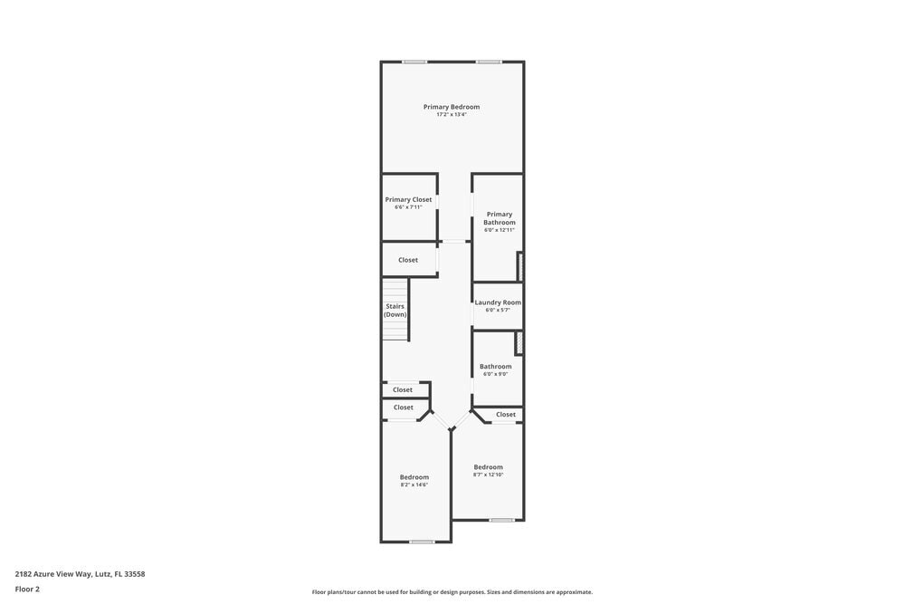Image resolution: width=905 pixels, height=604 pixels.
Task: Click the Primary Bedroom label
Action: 452,107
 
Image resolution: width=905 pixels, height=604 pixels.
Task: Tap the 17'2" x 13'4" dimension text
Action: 452,115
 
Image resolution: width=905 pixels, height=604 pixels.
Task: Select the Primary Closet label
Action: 408,199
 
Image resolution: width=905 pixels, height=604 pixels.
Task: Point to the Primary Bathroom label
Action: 500,218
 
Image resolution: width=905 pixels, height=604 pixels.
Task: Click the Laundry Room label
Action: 498,302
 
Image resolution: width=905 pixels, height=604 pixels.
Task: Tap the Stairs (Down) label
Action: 395,310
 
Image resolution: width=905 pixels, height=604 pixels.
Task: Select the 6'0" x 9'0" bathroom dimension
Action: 495,374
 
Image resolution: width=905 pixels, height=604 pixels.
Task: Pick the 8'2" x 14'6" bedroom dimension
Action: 414,484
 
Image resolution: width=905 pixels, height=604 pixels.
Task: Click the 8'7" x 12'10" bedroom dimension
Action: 488,475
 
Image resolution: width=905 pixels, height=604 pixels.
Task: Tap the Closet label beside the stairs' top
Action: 408,260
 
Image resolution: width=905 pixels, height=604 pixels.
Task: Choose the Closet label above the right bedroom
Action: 506,415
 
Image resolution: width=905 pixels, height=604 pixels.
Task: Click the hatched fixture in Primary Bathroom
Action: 519,266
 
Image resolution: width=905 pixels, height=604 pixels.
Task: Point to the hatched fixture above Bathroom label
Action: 519,343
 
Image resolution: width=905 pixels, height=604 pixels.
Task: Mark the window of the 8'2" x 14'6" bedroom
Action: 422,542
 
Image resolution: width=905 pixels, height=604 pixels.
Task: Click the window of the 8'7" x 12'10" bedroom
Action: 501,520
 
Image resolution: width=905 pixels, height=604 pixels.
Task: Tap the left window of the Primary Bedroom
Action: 414,62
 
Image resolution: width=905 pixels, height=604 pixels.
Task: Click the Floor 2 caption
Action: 27,589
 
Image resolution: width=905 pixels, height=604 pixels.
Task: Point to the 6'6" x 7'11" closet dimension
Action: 408,207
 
